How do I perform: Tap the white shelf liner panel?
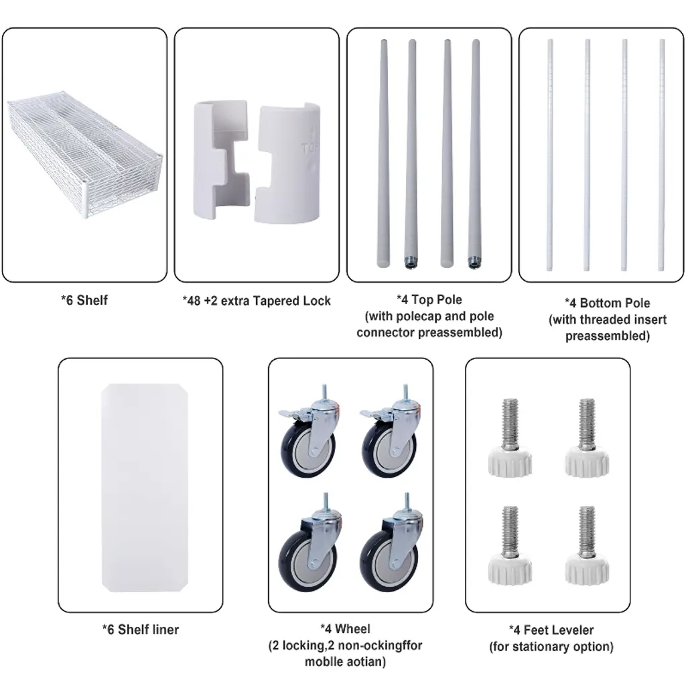point(145,488)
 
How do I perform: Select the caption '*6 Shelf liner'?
point(141,630)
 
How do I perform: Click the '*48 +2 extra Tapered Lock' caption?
point(257,301)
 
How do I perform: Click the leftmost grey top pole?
point(383,153)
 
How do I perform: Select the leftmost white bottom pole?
point(550,155)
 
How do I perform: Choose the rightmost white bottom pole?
point(662,155)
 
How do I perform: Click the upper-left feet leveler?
point(510,437)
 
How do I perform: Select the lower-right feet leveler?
point(587,545)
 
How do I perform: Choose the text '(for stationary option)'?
point(551,646)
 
